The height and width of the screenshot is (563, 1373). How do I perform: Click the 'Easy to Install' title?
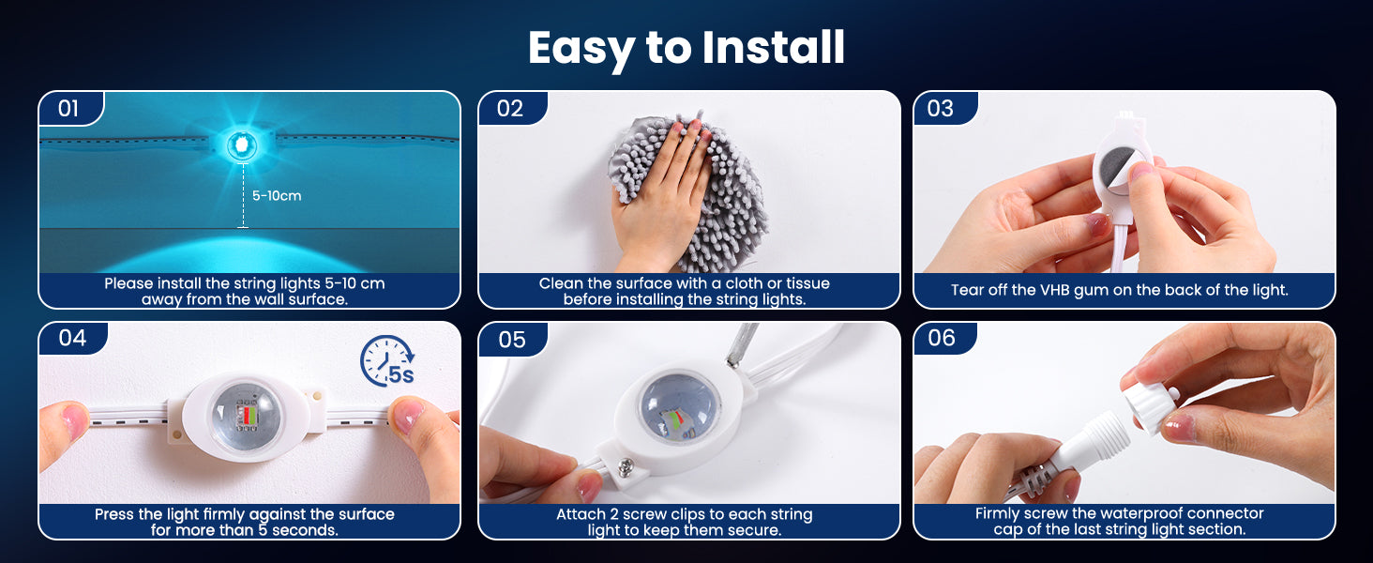(686, 48)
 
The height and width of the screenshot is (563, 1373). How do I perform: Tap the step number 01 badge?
(68, 109)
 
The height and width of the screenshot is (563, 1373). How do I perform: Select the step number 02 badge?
(511, 108)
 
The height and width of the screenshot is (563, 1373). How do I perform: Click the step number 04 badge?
(72, 338)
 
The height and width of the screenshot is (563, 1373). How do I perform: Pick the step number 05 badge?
(512, 339)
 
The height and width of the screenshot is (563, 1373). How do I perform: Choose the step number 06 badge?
(943, 338)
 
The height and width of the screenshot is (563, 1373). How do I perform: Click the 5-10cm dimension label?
(277, 195)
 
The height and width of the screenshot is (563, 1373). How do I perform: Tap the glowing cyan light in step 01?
(242, 145)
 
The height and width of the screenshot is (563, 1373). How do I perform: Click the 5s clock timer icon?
(387, 361)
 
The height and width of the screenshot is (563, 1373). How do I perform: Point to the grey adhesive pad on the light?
(1117, 167)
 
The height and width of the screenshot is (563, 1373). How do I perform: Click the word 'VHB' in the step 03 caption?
(1055, 289)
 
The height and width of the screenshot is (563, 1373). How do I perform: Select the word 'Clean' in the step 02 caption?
(560, 283)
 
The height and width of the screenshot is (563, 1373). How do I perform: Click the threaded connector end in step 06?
(1101, 438)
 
